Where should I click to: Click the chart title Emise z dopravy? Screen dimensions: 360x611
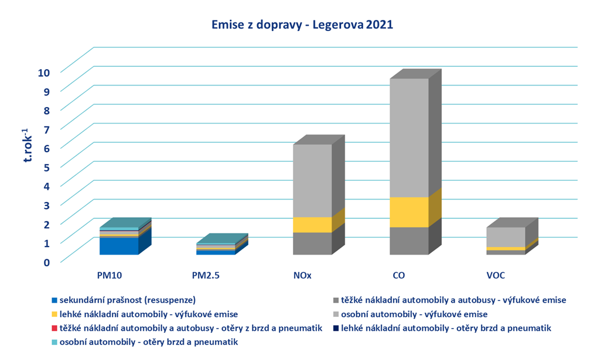[x=302, y=25]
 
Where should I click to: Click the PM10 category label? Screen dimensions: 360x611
[x=109, y=275]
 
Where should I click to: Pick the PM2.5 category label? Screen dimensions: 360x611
[x=206, y=275]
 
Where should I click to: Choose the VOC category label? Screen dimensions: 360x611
[x=496, y=275]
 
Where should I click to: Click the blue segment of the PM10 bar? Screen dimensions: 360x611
[x=119, y=246]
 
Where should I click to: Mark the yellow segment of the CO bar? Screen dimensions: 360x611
[x=409, y=212]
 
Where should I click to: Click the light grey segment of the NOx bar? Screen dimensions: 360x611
[x=312, y=180]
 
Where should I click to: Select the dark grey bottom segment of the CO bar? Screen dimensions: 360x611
[x=409, y=241]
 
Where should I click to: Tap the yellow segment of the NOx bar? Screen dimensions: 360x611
[x=312, y=225]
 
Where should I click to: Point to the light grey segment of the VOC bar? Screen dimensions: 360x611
[x=506, y=237]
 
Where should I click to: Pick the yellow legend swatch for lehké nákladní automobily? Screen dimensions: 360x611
[x=54, y=315]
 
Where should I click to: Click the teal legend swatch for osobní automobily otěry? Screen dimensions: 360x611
[x=54, y=342]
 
